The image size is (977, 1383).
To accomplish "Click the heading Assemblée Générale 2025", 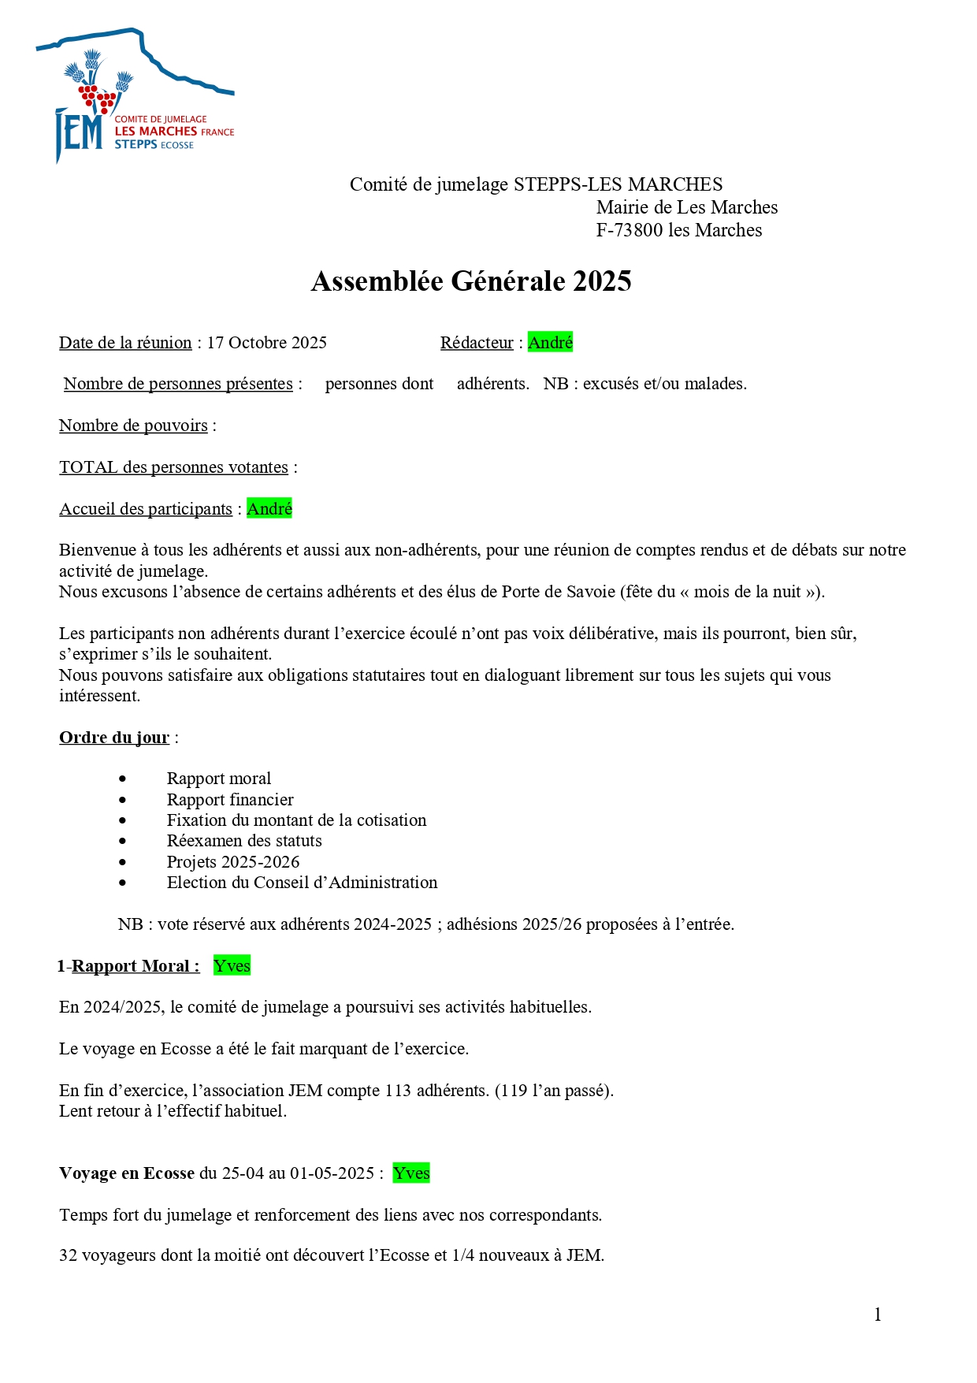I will pyautogui.click(x=471, y=281).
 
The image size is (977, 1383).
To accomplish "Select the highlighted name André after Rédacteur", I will pyautogui.click(x=550, y=343).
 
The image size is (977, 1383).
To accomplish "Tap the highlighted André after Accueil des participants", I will pyautogui.click(x=269, y=509).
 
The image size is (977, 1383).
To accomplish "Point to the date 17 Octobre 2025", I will pyautogui.click(x=267, y=343).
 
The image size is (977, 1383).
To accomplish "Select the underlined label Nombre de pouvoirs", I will pyautogui.click(x=133, y=426).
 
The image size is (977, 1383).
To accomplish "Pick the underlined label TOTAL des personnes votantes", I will pyautogui.click(x=173, y=467).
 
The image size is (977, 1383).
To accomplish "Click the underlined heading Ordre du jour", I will pyautogui.click(x=114, y=738).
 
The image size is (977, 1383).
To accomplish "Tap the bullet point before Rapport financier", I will pyautogui.click(x=122, y=800).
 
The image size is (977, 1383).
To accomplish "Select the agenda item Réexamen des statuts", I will pyautogui.click(x=244, y=841).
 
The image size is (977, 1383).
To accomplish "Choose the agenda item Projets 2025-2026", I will pyautogui.click(x=233, y=862).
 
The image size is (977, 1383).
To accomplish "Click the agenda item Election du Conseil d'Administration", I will pyautogui.click(x=302, y=883).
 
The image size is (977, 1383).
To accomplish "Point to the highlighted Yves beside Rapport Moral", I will pyautogui.click(x=232, y=966).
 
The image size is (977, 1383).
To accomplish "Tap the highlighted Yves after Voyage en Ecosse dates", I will pyautogui.click(x=411, y=1173).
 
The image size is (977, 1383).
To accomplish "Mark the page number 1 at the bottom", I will pyautogui.click(x=878, y=1314).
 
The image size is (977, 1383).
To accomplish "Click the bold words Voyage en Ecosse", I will pyautogui.click(x=127, y=1173).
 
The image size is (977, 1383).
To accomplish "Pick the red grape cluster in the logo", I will pyautogui.click(x=97, y=98).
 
